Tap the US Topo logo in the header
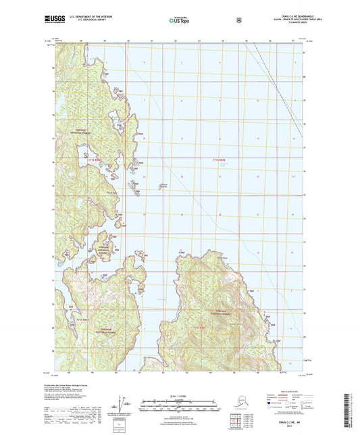point(179,20)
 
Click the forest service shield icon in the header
point(238,20)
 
